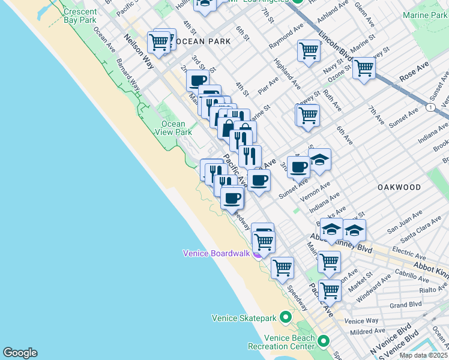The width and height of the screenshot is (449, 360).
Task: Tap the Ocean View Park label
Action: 173,128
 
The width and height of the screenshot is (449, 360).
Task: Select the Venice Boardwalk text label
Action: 216,253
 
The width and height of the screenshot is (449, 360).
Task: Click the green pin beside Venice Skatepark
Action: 286,317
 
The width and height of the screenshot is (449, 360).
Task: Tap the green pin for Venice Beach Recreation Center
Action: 324,342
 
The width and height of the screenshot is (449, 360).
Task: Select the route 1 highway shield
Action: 430,107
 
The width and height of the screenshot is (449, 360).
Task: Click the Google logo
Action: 20,353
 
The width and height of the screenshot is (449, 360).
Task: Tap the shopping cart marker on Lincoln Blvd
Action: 364,68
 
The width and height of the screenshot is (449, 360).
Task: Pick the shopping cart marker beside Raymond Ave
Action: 309,50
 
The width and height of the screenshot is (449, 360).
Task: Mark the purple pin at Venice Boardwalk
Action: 257,254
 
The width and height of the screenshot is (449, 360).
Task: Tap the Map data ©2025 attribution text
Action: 423,355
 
